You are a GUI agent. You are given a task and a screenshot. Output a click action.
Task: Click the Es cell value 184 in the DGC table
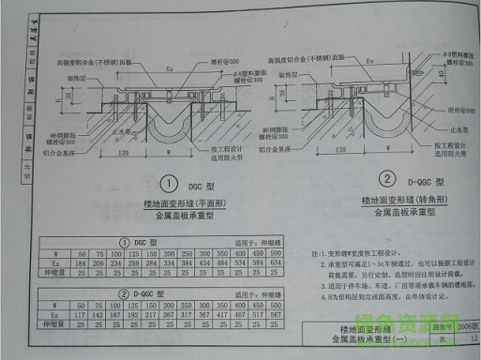(x=82, y=262)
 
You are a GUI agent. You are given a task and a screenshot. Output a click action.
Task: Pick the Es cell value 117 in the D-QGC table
(x=82, y=315)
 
